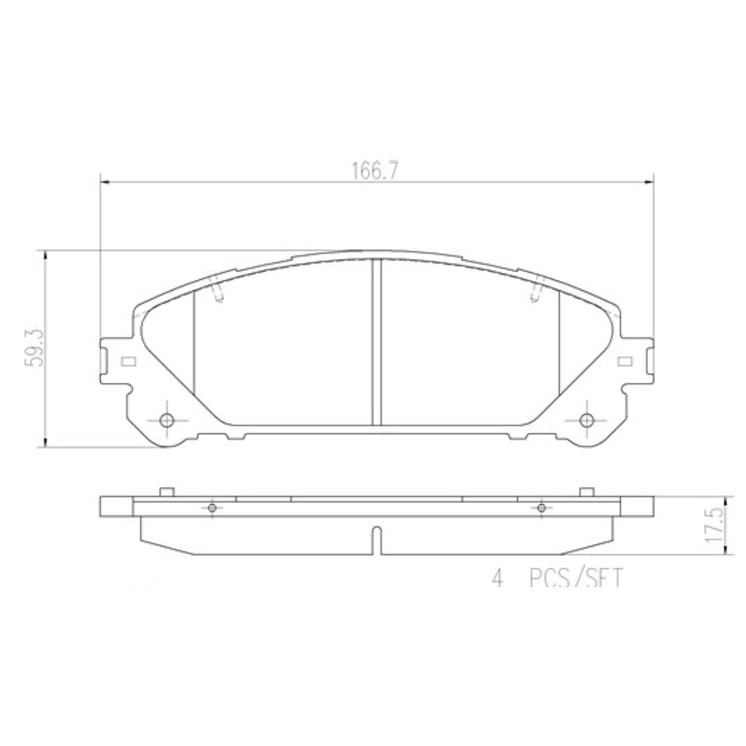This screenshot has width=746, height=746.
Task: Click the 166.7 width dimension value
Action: (x=375, y=171)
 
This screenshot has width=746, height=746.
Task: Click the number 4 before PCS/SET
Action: (x=496, y=580)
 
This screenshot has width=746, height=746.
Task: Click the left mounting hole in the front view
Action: (x=166, y=421)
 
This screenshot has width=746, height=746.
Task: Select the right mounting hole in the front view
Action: (x=585, y=421)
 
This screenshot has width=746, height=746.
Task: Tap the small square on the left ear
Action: (x=126, y=362)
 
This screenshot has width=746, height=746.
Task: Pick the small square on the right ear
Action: (x=625, y=362)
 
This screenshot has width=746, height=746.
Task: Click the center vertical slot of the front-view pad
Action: (x=375, y=342)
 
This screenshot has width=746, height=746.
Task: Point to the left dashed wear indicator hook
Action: (x=216, y=291)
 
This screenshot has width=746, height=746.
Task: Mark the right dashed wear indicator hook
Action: (x=535, y=291)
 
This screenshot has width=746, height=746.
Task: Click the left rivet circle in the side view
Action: (x=212, y=508)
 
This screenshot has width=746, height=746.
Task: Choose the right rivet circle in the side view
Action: (x=541, y=508)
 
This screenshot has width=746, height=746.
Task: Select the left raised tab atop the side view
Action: (x=166, y=492)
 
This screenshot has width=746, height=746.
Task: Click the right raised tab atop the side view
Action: (x=585, y=492)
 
